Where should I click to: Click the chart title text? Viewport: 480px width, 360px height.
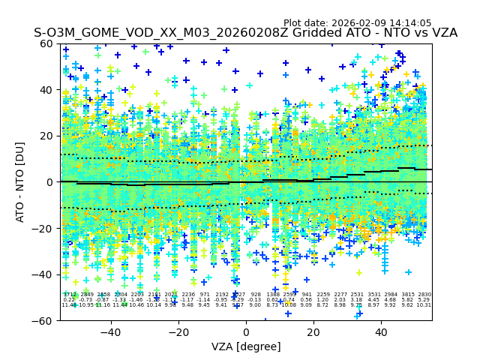(x=245, y=33)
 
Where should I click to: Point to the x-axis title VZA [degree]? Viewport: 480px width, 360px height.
(x=246, y=346)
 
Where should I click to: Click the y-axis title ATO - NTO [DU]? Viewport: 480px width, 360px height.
(x=21, y=182)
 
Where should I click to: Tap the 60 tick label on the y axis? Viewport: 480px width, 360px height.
(x=46, y=43)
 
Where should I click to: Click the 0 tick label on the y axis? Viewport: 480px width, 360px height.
(x=49, y=182)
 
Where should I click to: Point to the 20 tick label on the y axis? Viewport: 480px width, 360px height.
(x=46, y=136)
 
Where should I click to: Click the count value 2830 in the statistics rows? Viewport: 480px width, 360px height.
(x=424, y=295)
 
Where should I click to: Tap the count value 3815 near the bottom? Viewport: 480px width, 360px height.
(x=407, y=295)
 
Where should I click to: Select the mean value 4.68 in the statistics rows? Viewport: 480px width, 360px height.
(x=390, y=300)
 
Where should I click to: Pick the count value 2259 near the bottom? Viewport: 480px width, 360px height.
(x=323, y=295)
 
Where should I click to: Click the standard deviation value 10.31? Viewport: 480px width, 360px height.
(x=424, y=305)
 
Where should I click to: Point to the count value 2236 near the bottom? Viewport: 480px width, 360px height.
(x=188, y=295)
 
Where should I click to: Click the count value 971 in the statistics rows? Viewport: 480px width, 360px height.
(x=205, y=295)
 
